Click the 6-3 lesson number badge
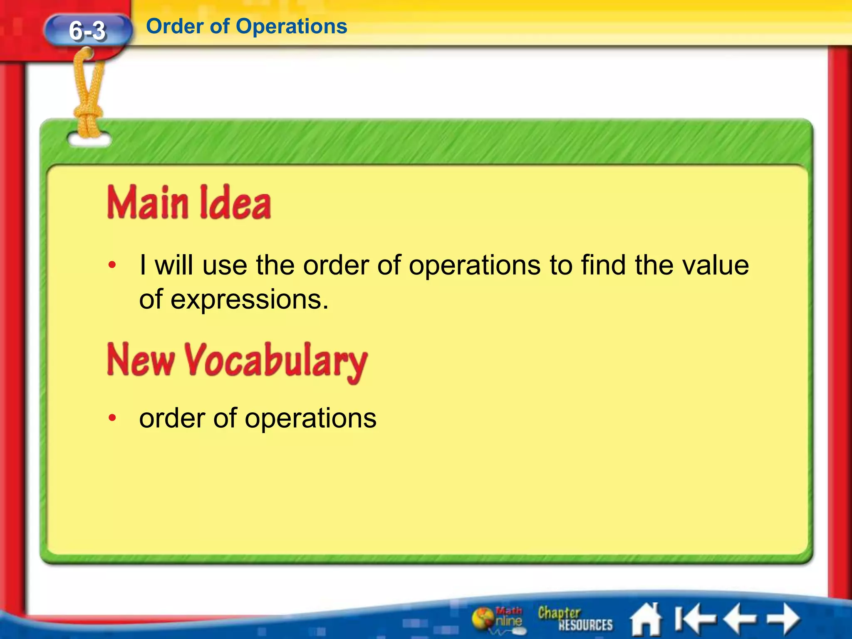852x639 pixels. point(87,30)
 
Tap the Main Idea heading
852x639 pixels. point(189,203)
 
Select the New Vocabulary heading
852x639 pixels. point(237,361)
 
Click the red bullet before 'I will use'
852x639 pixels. point(111,265)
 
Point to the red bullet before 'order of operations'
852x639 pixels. point(111,418)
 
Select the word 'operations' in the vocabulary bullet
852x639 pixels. point(310,418)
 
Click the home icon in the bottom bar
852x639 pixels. point(645,619)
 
